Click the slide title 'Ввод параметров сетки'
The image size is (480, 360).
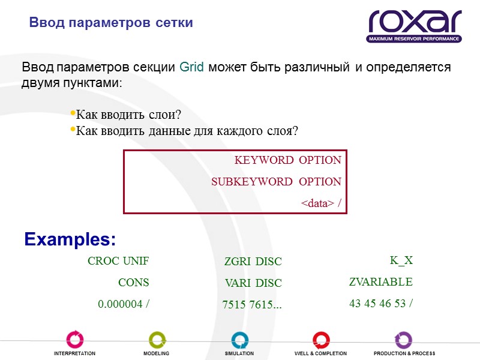[111, 23]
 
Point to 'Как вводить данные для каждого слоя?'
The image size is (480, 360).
[187, 130]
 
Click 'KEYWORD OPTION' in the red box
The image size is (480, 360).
[287, 160]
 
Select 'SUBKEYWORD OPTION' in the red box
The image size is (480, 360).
[276, 182]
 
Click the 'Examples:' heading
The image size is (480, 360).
[70, 239]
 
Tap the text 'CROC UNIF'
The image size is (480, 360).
[118, 261]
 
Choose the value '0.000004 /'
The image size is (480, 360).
[123, 304]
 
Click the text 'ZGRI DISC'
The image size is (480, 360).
[253, 262]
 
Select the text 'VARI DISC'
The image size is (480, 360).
[253, 283]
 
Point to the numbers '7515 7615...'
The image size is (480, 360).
[252, 305]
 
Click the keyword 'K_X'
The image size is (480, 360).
[401, 260]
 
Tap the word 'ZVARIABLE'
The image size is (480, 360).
[380, 281]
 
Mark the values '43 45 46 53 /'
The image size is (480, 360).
[380, 304]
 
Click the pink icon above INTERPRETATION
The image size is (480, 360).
[74, 339]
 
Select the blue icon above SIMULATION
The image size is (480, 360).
[239, 339]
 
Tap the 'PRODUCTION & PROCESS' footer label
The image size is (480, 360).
[404, 353]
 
